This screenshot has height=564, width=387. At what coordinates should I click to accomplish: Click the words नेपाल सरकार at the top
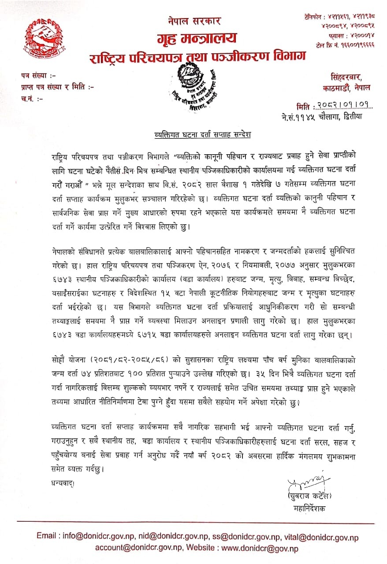194,20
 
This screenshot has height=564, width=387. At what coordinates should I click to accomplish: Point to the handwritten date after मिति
342,106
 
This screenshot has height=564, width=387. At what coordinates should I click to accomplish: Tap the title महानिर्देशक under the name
308,508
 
